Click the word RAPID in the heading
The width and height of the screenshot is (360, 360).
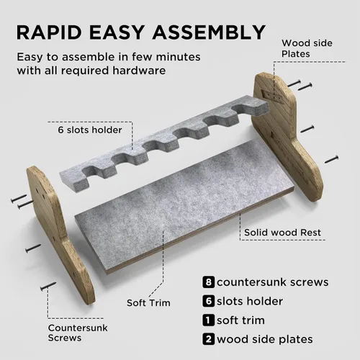[49, 32]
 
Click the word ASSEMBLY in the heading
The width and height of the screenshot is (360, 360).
[209, 32]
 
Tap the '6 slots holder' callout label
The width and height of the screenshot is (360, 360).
[90, 130]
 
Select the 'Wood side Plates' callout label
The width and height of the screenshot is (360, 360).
[307, 48]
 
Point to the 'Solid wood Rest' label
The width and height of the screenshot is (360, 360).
[282, 233]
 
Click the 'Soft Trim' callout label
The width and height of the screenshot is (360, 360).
[148, 302]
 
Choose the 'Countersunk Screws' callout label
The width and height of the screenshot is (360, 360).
[78, 333]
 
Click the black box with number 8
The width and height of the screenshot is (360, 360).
[208, 282]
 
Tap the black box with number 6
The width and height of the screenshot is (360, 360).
[208, 301]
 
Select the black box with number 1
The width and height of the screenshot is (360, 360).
[208, 320]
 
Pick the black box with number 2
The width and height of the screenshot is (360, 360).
[208, 339]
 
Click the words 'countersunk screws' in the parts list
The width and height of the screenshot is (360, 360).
[273, 282]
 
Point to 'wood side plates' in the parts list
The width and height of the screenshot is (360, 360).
[265, 339]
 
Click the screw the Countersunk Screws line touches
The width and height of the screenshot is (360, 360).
[48, 286]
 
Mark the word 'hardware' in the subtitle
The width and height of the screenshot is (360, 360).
[139, 71]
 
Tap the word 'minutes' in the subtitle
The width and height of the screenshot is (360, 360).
[178, 57]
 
